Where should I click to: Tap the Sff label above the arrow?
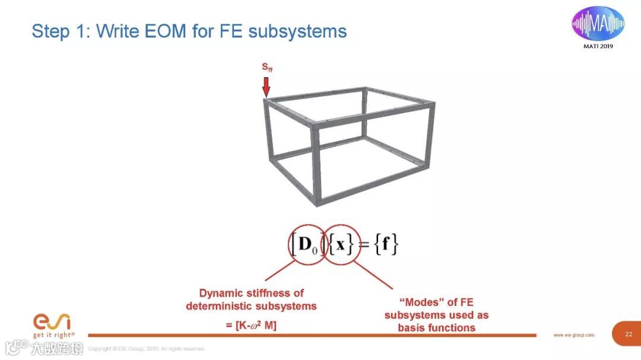pyautogui.click(x=267, y=68)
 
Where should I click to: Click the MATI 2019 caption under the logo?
pyautogui.click(x=598, y=47)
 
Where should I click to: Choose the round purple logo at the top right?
pyautogui.click(x=598, y=23)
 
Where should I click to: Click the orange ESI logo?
pyautogui.click(x=52, y=321)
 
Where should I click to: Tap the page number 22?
pyautogui.click(x=629, y=334)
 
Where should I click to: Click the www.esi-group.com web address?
pyautogui.click(x=573, y=335)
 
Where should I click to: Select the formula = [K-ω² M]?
pyautogui.click(x=251, y=324)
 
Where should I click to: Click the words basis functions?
pyautogui.click(x=436, y=327)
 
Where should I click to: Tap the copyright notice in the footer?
pyautogui.click(x=146, y=349)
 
